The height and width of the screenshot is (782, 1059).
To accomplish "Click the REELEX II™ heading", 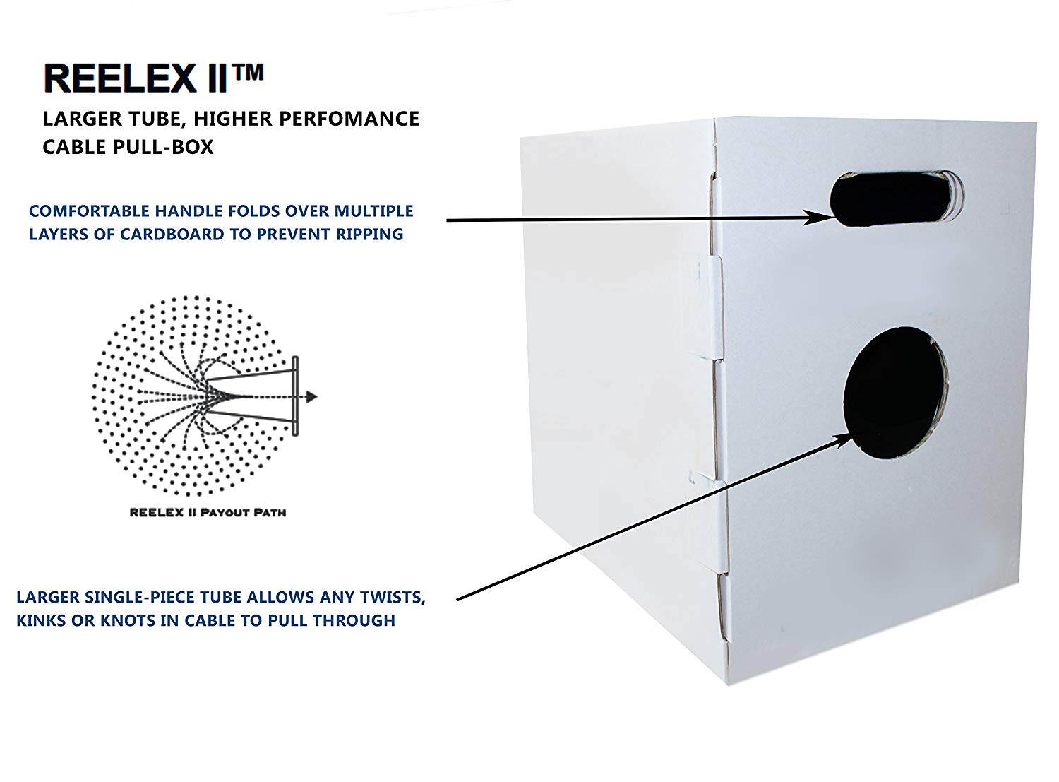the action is (154, 78).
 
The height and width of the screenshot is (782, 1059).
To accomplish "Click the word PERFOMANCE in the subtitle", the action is (349, 119).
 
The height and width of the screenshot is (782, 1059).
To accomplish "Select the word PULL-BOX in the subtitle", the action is (163, 147).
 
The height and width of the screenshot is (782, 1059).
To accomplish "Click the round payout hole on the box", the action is (895, 393).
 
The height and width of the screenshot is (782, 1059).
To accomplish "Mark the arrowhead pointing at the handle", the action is (819, 218).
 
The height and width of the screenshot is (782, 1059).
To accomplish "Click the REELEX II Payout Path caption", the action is (208, 513).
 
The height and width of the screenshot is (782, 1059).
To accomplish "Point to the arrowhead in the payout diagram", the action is (311, 396).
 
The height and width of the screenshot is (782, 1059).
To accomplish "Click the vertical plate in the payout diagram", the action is (295, 396).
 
